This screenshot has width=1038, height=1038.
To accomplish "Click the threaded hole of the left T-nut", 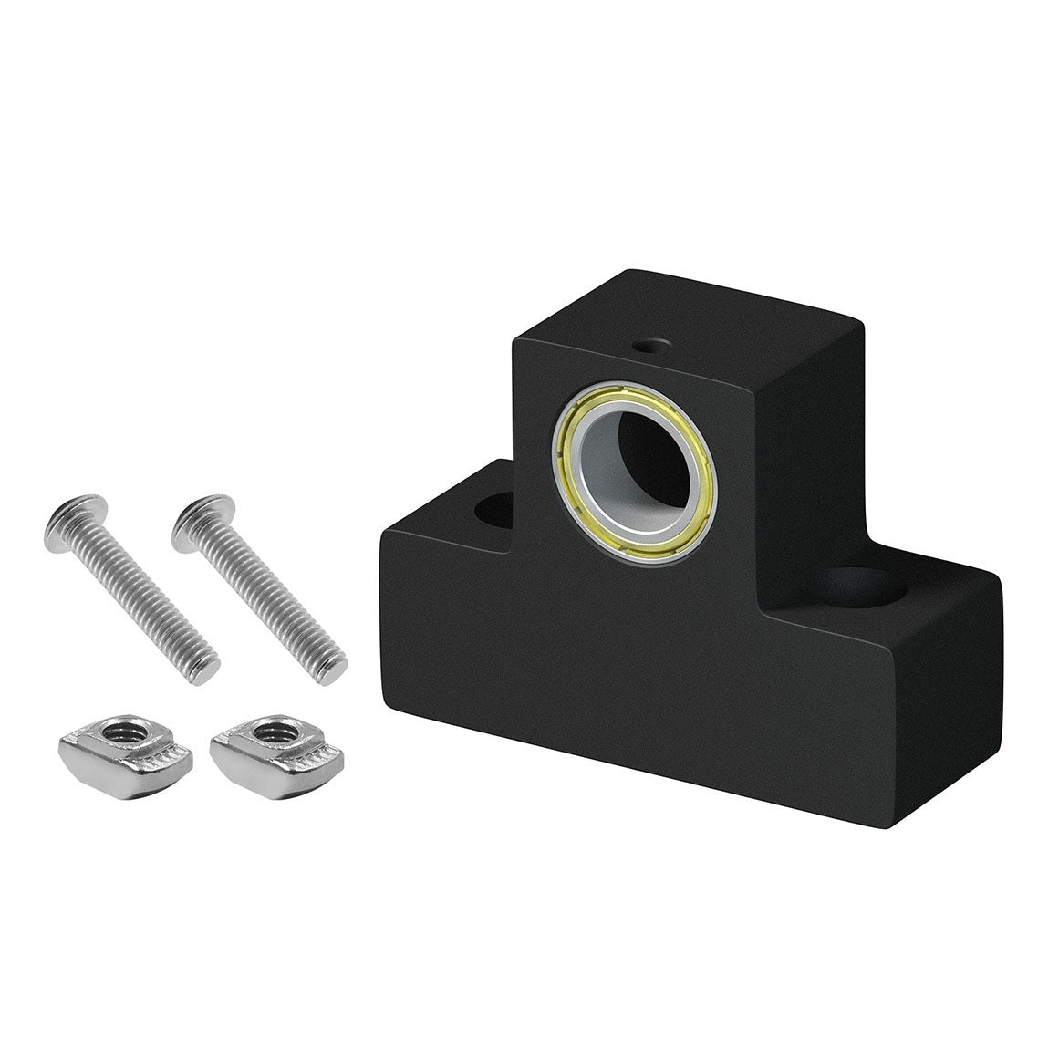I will point(119,731).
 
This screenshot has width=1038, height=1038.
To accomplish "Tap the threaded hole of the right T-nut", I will point(271,731).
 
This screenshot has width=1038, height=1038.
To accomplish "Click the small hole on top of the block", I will point(653,346).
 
